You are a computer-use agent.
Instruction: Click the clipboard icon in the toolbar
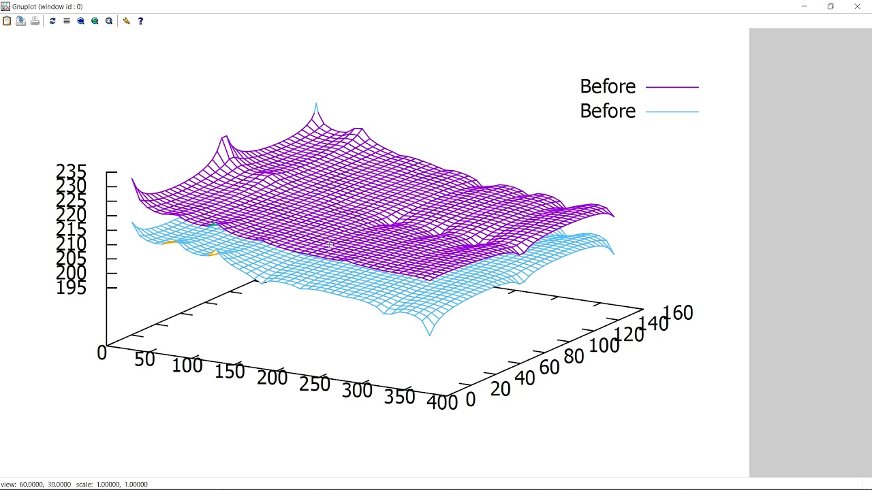click(7, 21)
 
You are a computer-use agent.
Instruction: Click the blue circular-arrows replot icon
click(52, 21)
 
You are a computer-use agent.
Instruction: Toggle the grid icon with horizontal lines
click(67, 21)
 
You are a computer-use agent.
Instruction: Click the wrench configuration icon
click(127, 21)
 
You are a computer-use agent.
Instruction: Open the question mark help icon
click(140, 21)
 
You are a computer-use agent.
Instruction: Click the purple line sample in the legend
click(672, 87)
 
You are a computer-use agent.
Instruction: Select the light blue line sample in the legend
click(672, 112)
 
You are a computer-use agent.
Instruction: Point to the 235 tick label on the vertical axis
click(72, 171)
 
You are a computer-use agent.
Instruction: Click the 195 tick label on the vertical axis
click(72, 288)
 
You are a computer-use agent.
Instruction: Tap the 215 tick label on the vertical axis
click(72, 229)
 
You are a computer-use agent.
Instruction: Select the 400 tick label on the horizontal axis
click(442, 402)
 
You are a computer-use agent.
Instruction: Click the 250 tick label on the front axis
click(314, 384)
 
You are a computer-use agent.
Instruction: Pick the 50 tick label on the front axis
click(144, 359)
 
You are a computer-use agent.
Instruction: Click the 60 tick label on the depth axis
click(549, 367)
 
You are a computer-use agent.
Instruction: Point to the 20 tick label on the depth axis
click(500, 389)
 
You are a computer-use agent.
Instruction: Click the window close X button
click(857, 7)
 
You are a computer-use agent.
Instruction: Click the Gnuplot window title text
click(47, 7)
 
